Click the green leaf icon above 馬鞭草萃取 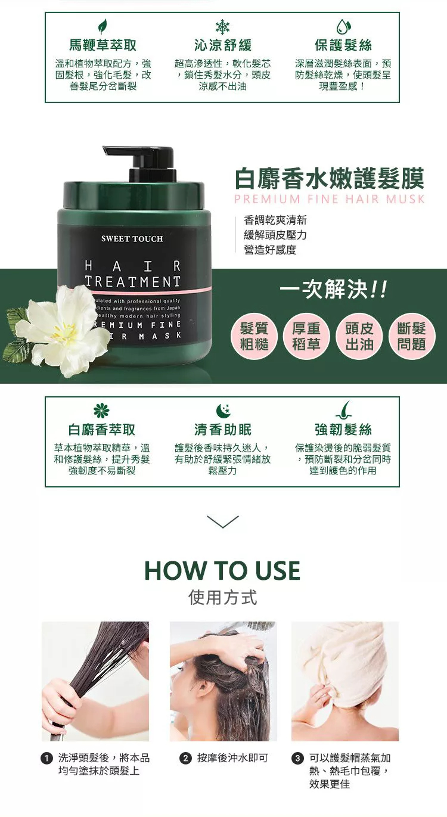[x=103, y=26]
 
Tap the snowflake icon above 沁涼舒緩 [x=222, y=27]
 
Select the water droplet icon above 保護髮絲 [x=343, y=27]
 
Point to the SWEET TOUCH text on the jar [x=132, y=239]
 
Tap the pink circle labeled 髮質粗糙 [x=254, y=336]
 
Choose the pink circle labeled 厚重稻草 [x=306, y=336]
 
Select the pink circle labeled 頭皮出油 [x=359, y=336]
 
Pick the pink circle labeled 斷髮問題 [x=412, y=336]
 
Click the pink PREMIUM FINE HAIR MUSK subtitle [x=330, y=199]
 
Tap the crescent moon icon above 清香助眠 [x=223, y=411]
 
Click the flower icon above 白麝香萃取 [x=101, y=411]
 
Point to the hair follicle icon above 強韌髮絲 [x=344, y=410]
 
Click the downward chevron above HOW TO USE [x=222, y=521]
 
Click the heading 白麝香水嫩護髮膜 [x=330, y=179]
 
